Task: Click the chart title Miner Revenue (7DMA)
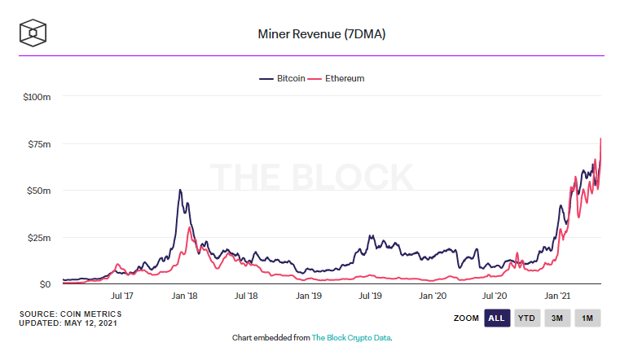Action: [310, 34]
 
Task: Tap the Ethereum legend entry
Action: [337, 79]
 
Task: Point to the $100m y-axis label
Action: [38, 97]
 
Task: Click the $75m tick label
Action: [41, 144]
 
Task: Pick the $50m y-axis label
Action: [41, 191]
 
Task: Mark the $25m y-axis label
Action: [41, 238]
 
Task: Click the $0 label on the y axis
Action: [46, 284]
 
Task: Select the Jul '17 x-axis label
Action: [122, 297]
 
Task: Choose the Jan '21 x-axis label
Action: [557, 297]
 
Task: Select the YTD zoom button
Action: [528, 318]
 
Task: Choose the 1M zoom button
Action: [587, 318]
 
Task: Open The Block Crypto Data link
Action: [356, 337]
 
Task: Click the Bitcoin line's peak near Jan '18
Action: [179, 190]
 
